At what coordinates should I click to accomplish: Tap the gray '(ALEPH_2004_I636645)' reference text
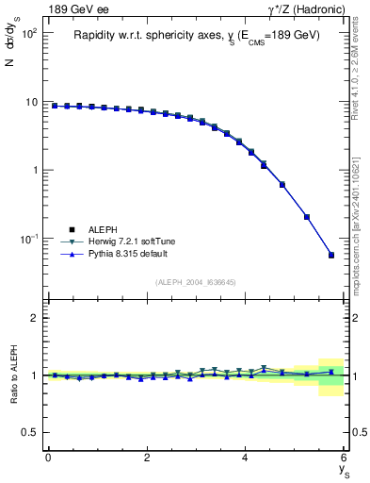coord(197,282)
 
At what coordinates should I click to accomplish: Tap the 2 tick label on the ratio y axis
coord(34,318)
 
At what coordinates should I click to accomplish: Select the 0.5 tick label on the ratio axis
coord(30,432)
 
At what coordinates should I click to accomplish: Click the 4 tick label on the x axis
coord(246,458)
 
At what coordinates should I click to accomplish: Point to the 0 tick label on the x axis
coord(48,458)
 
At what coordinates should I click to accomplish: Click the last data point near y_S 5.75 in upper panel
coord(331,255)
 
